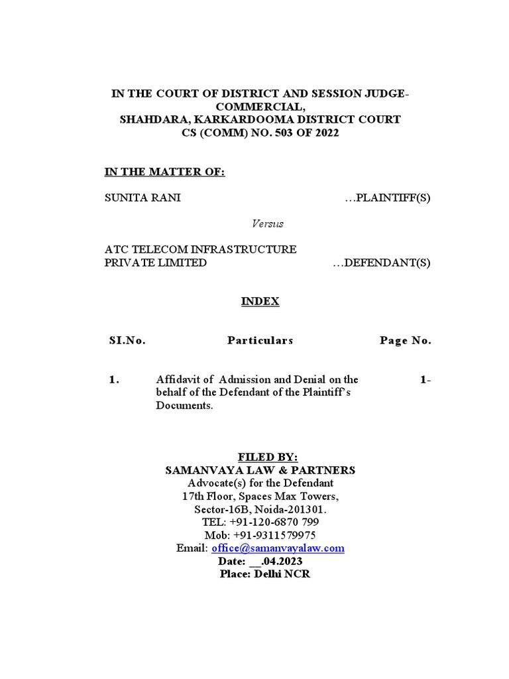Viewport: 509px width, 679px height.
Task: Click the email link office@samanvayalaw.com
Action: click(x=278, y=548)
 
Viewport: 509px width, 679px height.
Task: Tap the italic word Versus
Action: click(x=268, y=223)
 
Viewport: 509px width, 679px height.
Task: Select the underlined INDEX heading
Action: click(x=260, y=302)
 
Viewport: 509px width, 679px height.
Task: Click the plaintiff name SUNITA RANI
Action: click(x=142, y=198)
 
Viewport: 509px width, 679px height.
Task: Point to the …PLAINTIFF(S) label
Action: click(x=388, y=198)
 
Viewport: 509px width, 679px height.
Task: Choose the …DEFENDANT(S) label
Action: click(x=381, y=263)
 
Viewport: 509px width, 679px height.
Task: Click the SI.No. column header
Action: click(x=127, y=341)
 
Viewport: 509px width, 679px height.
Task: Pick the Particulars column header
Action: click(x=260, y=341)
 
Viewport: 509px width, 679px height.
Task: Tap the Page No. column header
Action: click(x=405, y=341)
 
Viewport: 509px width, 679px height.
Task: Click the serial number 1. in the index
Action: click(x=114, y=380)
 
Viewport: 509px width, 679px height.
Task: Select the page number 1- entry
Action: click(x=425, y=380)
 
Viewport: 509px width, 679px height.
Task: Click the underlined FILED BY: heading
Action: click(x=268, y=458)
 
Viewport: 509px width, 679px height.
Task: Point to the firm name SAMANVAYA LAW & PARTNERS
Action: click(x=260, y=470)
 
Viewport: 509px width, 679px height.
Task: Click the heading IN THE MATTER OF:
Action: click(x=165, y=172)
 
